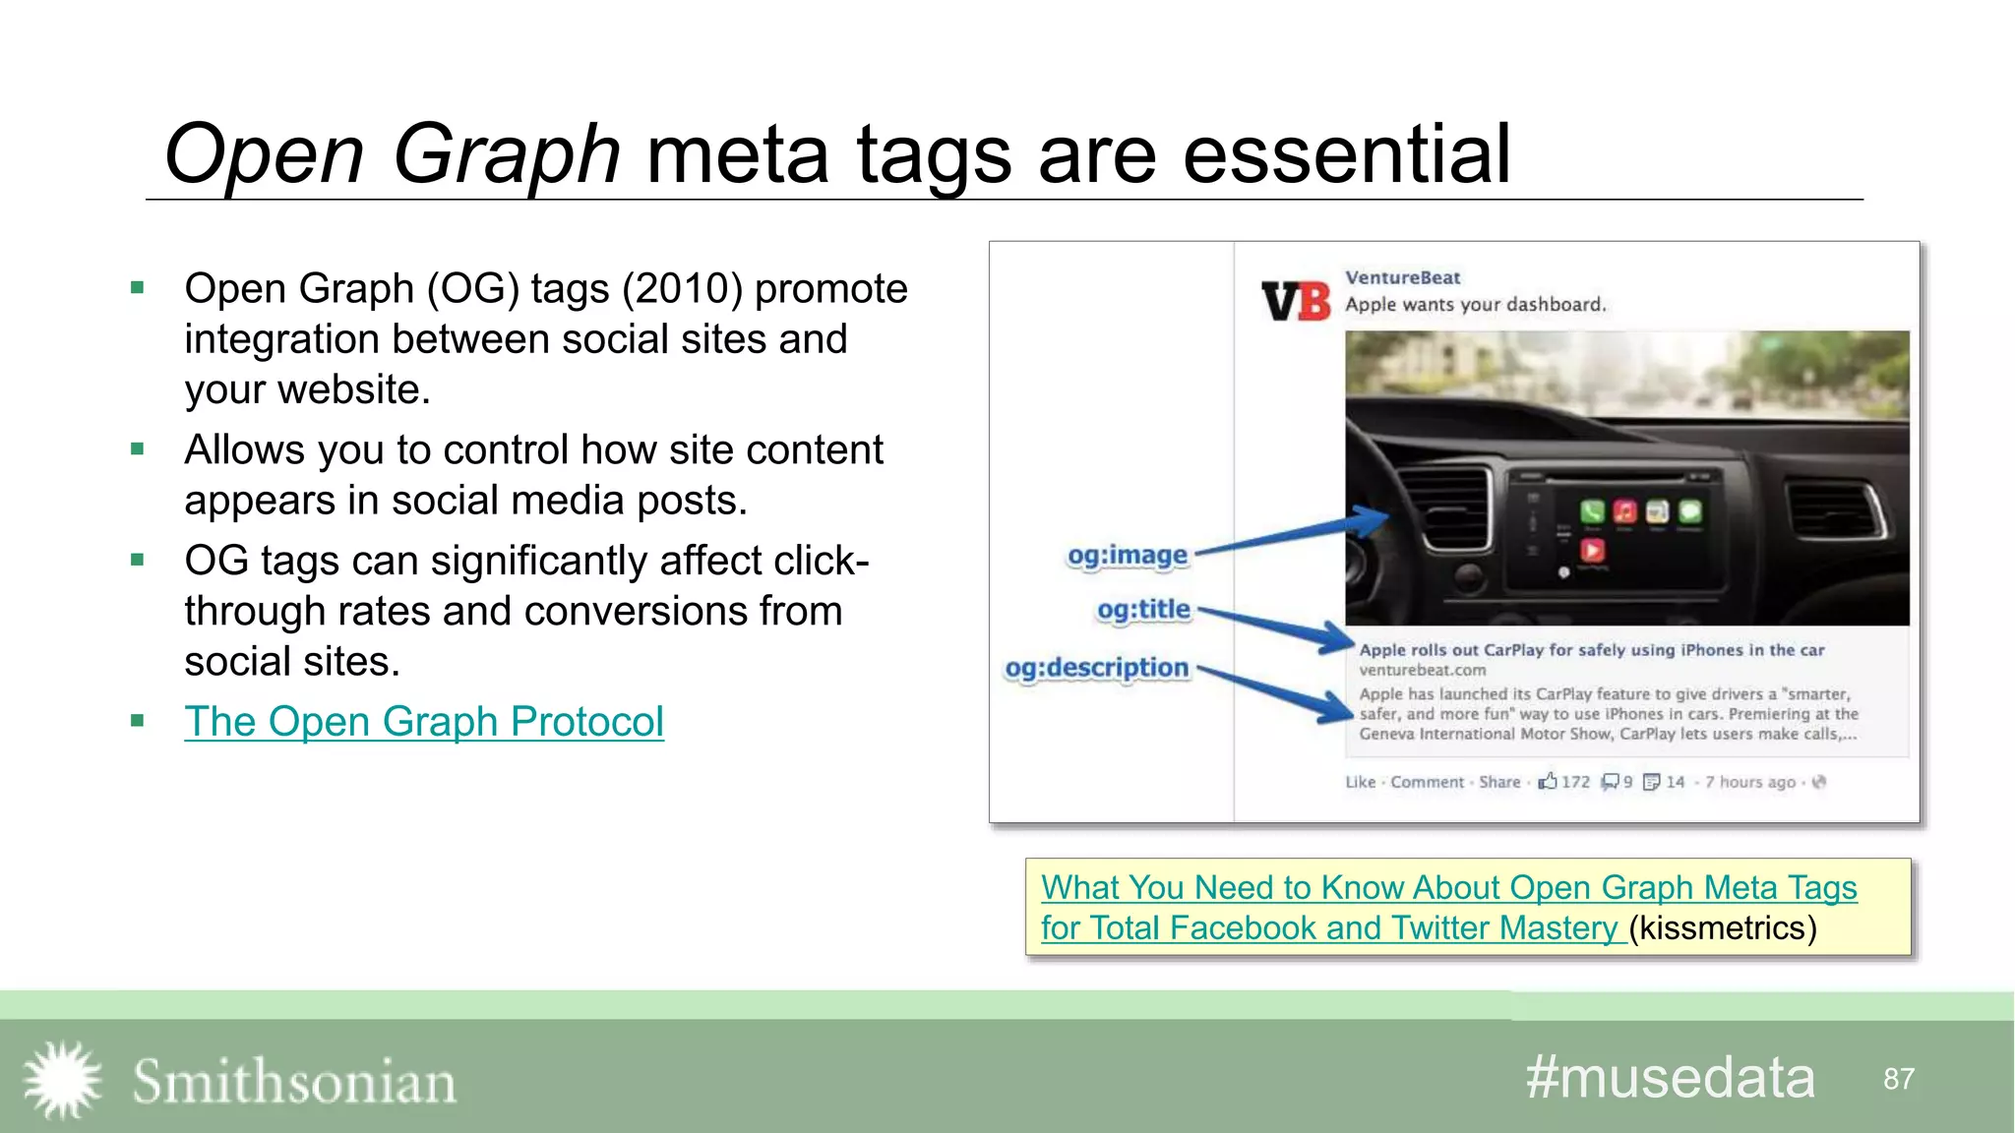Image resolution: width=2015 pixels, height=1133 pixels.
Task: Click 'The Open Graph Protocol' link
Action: click(423, 722)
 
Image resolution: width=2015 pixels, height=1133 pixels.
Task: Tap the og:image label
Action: click(1128, 556)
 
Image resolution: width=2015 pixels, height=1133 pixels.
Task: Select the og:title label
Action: click(1143, 610)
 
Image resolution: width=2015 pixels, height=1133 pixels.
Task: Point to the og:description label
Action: click(1096, 668)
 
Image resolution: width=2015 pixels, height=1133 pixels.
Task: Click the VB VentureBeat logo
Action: click(1295, 301)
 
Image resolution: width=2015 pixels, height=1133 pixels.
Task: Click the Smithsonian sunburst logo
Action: click(62, 1080)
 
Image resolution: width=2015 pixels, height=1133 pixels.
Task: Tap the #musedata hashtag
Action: click(1670, 1078)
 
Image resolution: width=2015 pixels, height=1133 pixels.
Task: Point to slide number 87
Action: click(1898, 1079)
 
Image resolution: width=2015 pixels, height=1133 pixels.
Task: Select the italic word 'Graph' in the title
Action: click(506, 154)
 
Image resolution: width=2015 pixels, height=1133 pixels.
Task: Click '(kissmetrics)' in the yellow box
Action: click(1722, 928)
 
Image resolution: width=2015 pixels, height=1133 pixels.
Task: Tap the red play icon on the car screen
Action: click(1592, 550)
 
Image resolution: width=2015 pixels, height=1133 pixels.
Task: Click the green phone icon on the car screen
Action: click(1592, 511)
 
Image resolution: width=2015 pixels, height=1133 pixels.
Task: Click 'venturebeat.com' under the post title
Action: click(1422, 671)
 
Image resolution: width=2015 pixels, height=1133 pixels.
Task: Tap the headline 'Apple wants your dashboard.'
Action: click(1475, 305)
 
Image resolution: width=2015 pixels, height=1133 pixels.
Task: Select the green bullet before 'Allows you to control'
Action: click(138, 449)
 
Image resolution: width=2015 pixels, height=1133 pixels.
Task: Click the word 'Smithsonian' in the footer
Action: click(294, 1082)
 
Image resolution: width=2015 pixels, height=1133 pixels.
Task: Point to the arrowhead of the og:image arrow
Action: click(1373, 519)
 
